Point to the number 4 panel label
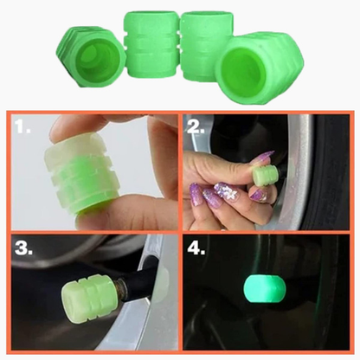(198, 247)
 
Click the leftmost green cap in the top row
(90, 55)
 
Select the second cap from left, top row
(151, 45)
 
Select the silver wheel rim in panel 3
(130, 333)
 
